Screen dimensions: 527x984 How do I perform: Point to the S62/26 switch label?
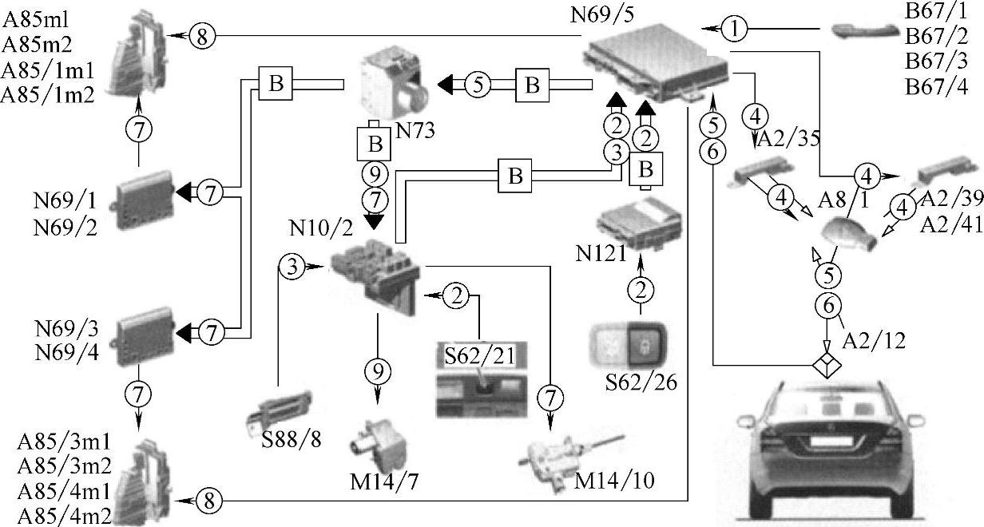(x=641, y=382)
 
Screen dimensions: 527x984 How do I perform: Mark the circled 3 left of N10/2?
(x=293, y=267)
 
